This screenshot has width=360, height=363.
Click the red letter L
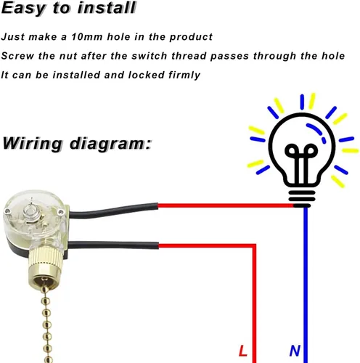[x=242, y=351]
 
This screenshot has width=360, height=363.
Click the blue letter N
[x=295, y=351]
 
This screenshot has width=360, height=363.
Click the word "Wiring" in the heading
[x=32, y=143]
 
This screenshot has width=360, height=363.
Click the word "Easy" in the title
[x=23, y=9]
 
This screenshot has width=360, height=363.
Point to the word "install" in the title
[x=107, y=7]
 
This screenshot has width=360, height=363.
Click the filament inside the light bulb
[x=301, y=162]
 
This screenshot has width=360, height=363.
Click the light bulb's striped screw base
[x=302, y=199]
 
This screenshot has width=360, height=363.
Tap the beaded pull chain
[x=46, y=322]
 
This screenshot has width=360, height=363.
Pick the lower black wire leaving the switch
[x=113, y=245]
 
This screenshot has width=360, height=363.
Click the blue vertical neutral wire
[x=306, y=285]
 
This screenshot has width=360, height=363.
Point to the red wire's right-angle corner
[x=254, y=246]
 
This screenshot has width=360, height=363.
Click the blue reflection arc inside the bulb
[x=316, y=132]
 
